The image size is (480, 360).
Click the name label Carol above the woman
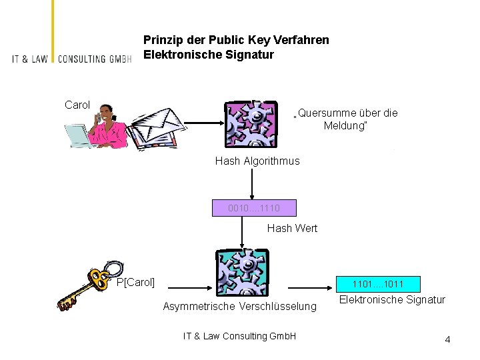point(77,105)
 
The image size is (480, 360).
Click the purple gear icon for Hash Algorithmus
point(251,124)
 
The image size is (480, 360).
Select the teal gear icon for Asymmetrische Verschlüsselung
point(243,273)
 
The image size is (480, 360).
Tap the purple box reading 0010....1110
point(254,208)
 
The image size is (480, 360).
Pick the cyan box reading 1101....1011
point(378,284)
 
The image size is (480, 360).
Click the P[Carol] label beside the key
point(135,282)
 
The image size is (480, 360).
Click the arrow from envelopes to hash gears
point(204,123)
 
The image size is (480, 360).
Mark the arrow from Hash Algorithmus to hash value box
point(252,184)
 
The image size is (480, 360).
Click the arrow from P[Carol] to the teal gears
point(190,288)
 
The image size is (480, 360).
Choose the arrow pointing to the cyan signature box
point(310,288)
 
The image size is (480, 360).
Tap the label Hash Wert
point(292,229)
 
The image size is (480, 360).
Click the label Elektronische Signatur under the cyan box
point(392,299)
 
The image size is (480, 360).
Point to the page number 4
point(447,339)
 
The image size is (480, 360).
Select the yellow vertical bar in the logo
point(53,31)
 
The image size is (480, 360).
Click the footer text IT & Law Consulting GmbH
point(240,336)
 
